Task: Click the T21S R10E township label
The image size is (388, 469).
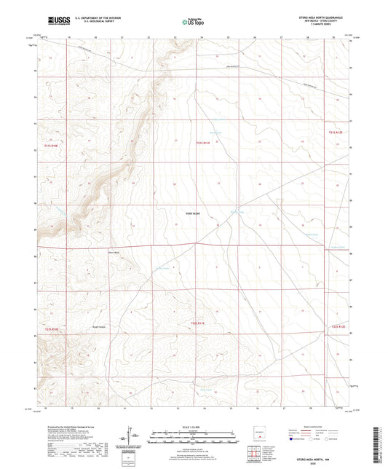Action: (50, 146)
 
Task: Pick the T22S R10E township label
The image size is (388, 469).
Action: (51, 329)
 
